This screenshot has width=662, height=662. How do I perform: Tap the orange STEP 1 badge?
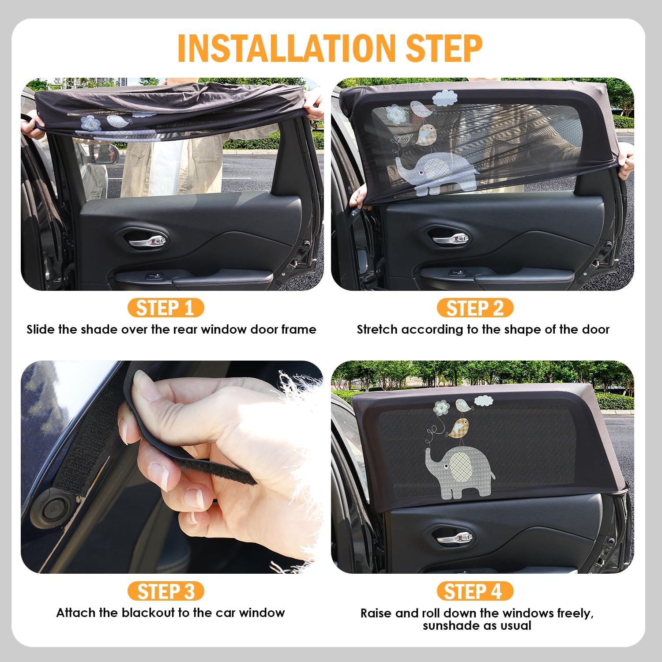click(165, 308)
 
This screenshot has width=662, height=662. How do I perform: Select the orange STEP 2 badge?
click(475, 308)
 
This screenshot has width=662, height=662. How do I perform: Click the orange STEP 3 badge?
click(165, 591)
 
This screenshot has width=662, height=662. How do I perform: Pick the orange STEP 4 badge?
click(475, 591)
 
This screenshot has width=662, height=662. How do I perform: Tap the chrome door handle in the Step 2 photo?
click(450, 239)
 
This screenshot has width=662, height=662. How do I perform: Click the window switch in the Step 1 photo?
click(155, 276)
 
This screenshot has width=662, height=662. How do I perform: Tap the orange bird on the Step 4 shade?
click(459, 428)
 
